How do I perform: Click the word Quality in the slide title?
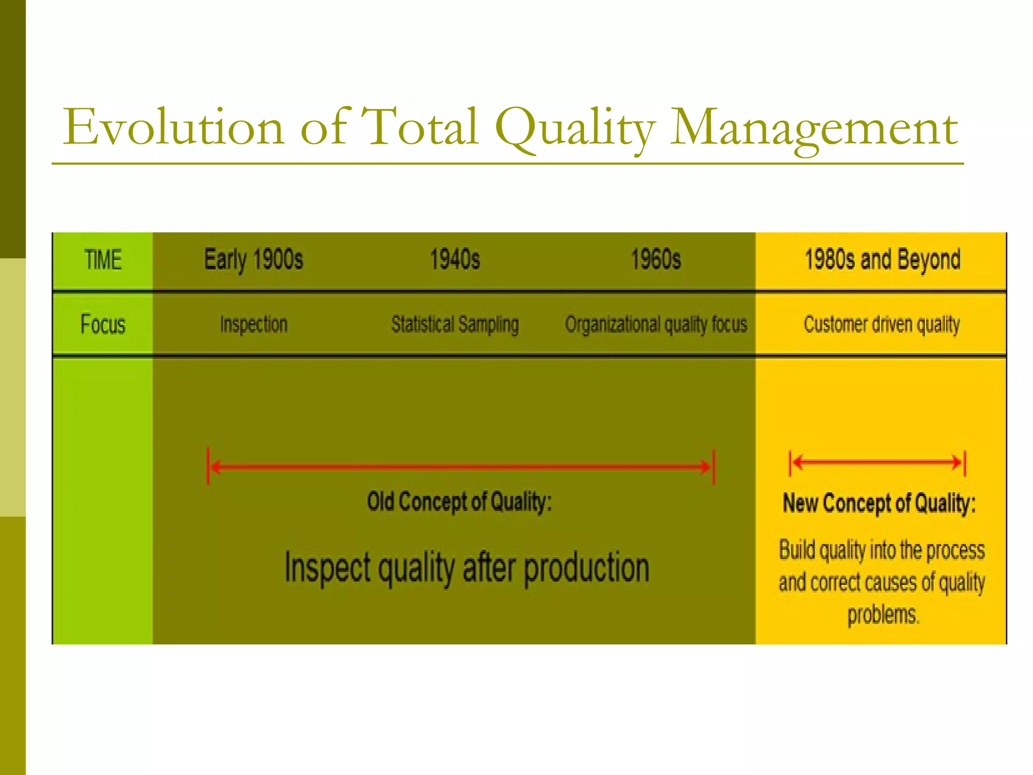click(575, 128)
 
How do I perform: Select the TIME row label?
click(103, 260)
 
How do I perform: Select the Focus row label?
click(103, 324)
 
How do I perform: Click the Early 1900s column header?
click(254, 260)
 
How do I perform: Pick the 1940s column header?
click(455, 260)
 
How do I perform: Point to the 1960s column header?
click(656, 260)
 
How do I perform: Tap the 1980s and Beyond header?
click(882, 260)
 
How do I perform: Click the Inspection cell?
click(254, 324)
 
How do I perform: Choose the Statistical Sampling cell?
click(455, 324)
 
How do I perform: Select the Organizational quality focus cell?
click(656, 324)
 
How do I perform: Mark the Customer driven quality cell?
click(882, 324)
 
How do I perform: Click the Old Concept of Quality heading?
click(460, 502)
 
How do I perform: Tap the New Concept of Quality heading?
click(879, 504)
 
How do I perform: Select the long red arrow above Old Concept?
click(461, 467)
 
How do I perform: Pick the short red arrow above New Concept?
click(877, 462)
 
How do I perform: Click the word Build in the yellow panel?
click(797, 550)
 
